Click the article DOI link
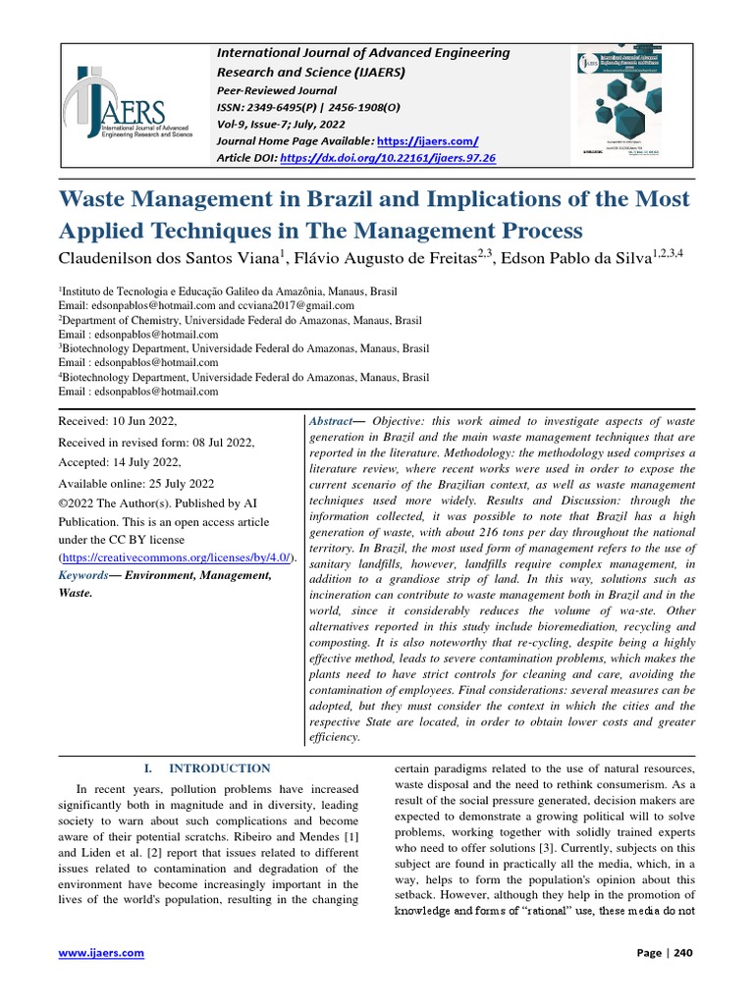(x=389, y=157)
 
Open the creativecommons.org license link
(x=177, y=557)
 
